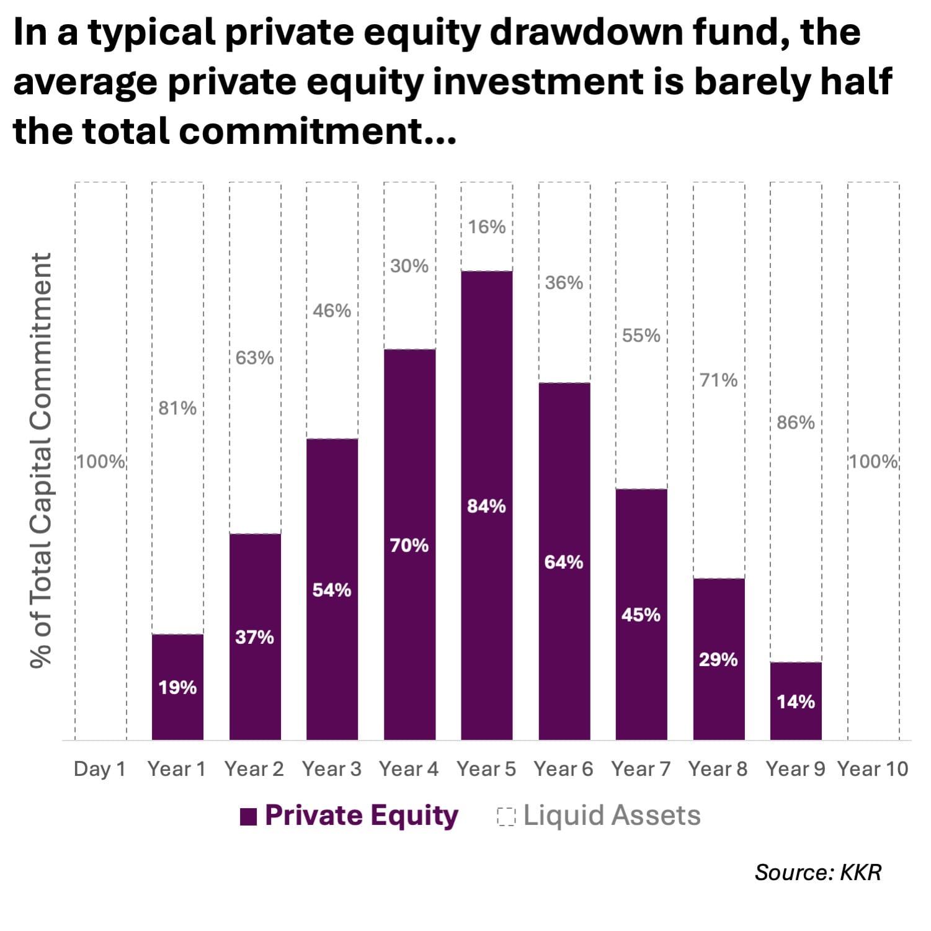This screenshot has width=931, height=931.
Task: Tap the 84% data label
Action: click(486, 506)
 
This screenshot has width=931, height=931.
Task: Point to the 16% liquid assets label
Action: click(486, 227)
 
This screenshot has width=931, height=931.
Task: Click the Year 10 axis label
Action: click(873, 769)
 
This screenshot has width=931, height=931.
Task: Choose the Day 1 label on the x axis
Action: click(99, 769)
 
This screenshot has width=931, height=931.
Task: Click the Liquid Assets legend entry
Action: click(599, 816)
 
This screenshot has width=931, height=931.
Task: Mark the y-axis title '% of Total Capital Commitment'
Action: click(41, 460)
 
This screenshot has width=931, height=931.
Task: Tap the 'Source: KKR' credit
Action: click(817, 872)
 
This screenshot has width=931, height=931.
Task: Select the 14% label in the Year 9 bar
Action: click(796, 702)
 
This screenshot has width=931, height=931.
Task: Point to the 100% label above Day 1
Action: click(100, 461)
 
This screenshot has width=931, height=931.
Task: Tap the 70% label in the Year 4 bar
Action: click(409, 545)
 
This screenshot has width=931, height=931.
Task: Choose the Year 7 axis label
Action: click(641, 769)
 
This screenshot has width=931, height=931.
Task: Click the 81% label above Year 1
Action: click(177, 408)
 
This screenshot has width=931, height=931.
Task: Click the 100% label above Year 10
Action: click(873, 461)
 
